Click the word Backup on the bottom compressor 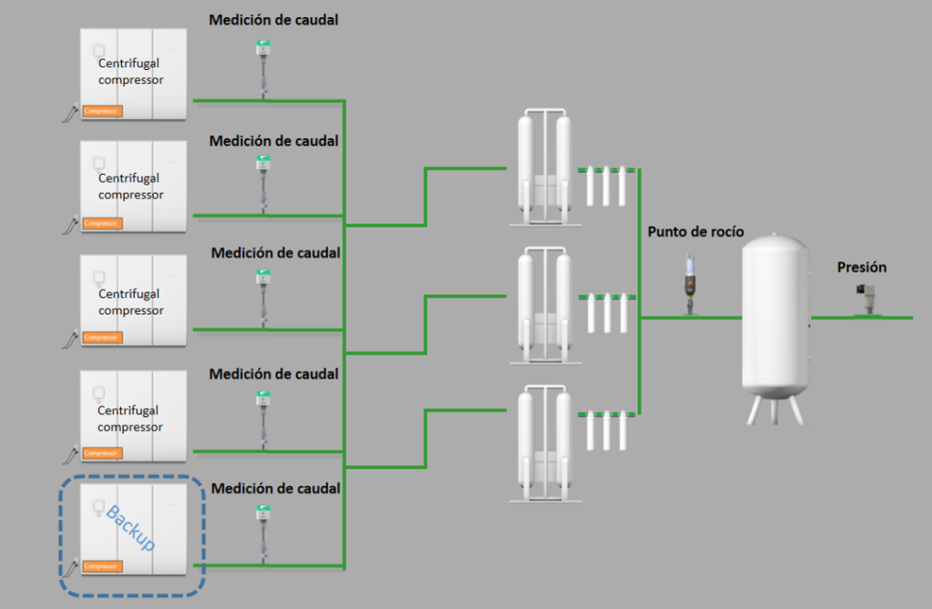tap(130, 527)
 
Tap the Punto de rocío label tap(695, 232)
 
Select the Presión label tap(862, 268)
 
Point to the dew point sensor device tap(691, 284)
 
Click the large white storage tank tap(774, 319)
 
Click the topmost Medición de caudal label tap(273, 20)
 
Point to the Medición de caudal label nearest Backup tap(276, 489)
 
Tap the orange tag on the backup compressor tap(102, 566)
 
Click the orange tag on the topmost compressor tap(102, 111)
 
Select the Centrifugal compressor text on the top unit tap(130, 72)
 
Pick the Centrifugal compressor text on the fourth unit tap(130, 419)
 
